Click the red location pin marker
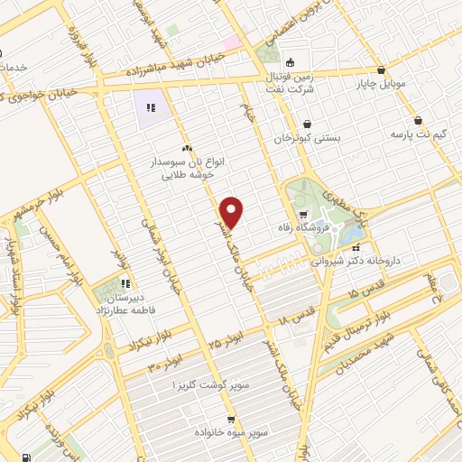pos(233,212)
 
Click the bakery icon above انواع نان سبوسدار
pos(186,148)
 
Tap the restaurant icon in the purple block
pos(152,107)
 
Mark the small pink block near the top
pos(232,42)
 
